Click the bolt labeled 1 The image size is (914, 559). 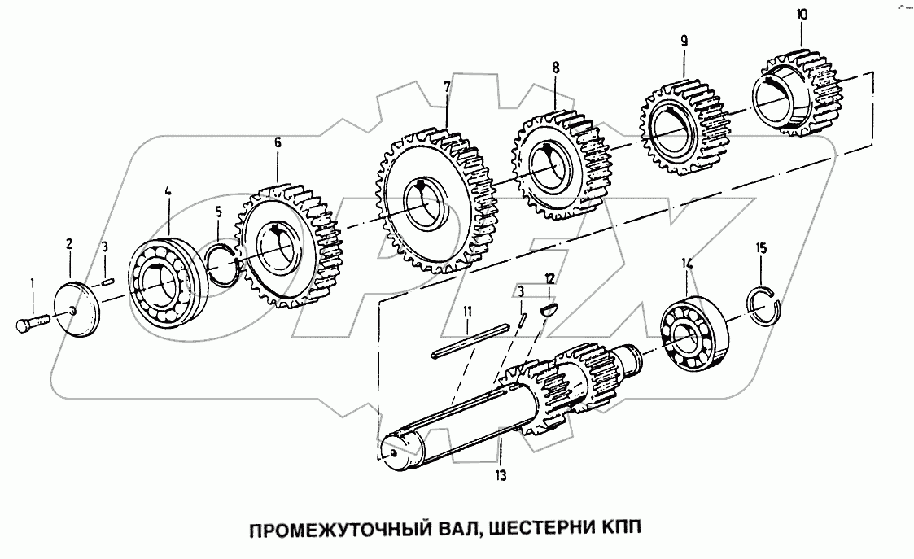(32, 322)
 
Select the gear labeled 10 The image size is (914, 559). (797, 91)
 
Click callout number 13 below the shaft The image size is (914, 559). (501, 475)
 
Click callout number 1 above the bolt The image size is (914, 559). (33, 283)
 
